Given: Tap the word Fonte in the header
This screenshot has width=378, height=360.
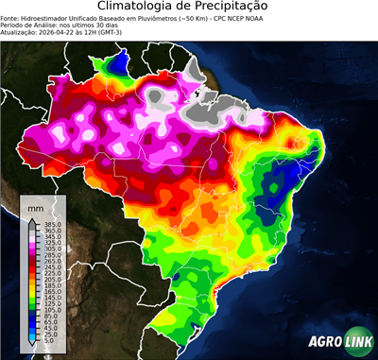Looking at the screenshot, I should click(10, 17).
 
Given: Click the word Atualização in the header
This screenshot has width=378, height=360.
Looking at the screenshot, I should click(20, 30).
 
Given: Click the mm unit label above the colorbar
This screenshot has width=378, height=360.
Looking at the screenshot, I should click(36, 206).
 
